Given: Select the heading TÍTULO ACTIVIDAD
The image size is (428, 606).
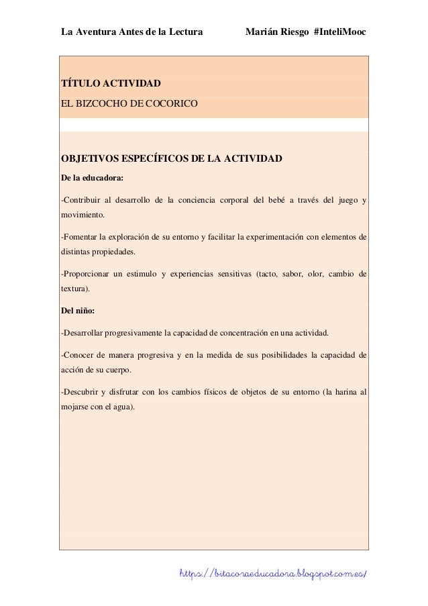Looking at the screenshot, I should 111,85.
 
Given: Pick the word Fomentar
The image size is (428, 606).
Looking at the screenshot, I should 81,237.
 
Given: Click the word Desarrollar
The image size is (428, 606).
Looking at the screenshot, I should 87,333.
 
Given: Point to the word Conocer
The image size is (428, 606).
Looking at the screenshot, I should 79,355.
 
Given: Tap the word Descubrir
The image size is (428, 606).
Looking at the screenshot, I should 82,392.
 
